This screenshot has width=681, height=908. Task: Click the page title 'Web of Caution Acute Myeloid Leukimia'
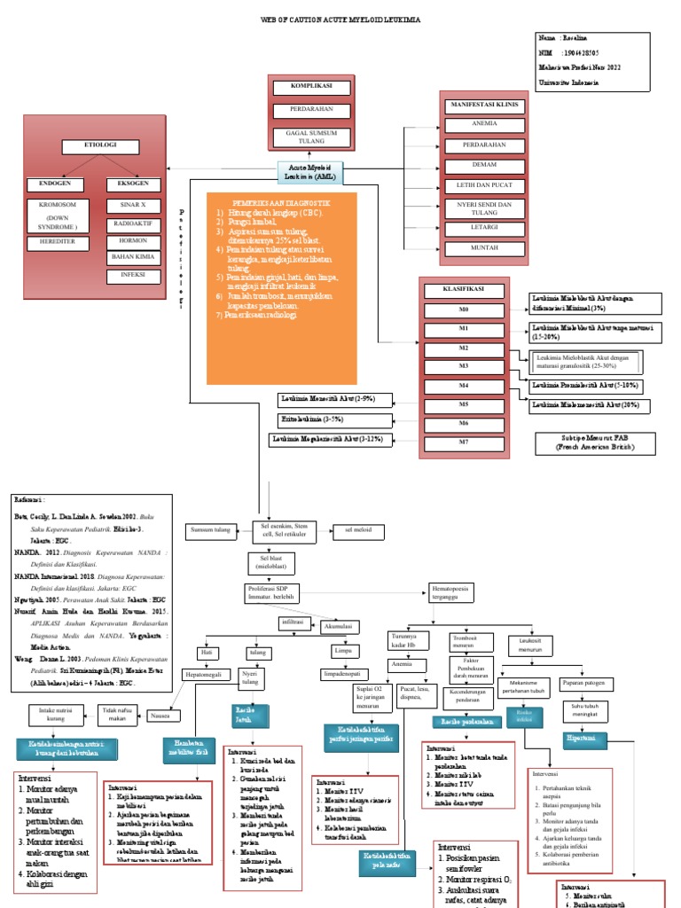point(340,19)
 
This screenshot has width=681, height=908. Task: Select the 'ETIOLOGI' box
point(99,145)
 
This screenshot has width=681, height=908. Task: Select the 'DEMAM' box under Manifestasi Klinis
point(483,166)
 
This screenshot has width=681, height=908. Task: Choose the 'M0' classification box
point(464,311)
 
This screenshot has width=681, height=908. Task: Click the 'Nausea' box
point(160,715)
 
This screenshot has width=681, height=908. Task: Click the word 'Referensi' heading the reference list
point(30,500)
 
